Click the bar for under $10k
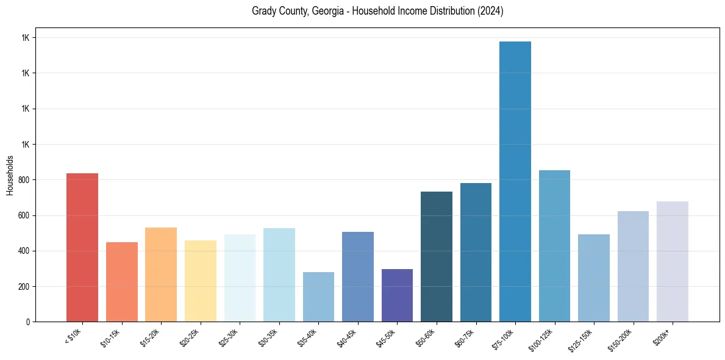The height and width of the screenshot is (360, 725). pyautogui.click(x=82, y=247)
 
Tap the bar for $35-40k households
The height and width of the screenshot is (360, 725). pyautogui.click(x=318, y=297)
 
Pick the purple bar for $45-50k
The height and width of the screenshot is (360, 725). pyautogui.click(x=397, y=295)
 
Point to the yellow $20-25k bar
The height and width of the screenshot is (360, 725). pyautogui.click(x=201, y=281)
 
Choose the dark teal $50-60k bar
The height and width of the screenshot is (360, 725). pyautogui.click(x=437, y=256)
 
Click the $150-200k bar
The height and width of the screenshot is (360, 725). pyautogui.click(x=633, y=266)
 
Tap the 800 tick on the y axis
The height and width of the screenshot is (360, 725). pyautogui.click(x=24, y=180)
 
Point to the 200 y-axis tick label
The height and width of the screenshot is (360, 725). pyautogui.click(x=24, y=287)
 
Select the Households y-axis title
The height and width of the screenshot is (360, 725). pyautogui.click(x=10, y=175)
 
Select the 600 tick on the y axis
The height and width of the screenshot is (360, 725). pyautogui.click(x=24, y=215)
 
